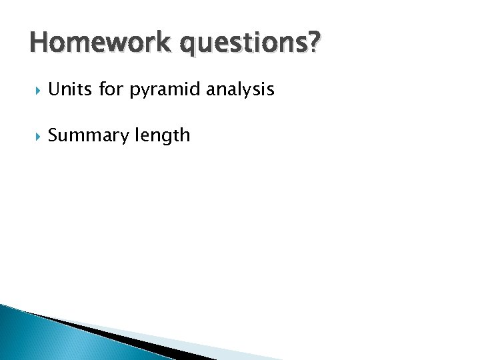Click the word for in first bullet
(x=111, y=89)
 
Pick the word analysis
(x=240, y=90)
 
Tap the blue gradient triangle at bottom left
(x=40, y=340)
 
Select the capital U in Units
(x=54, y=89)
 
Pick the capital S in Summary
(x=54, y=136)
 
